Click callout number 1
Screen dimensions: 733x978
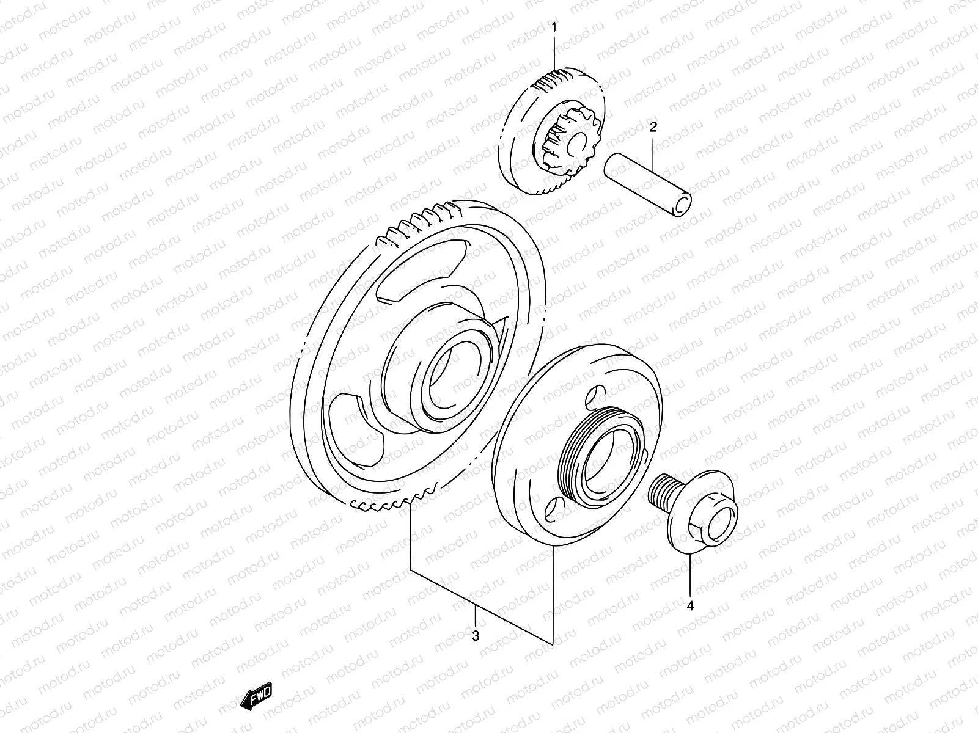[554, 27]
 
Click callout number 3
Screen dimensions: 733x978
[476, 635]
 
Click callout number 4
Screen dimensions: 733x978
[690, 606]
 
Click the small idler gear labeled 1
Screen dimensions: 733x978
[553, 131]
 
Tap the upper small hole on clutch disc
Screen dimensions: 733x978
[591, 398]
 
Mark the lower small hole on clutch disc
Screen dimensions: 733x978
[552, 508]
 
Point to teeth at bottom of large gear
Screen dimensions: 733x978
[391, 505]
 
